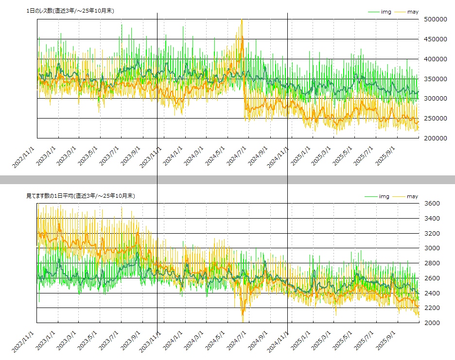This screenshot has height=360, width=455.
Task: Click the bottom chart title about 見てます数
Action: point(81,196)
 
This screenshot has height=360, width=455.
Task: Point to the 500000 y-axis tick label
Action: point(436,19)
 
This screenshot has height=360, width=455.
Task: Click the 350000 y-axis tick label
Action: point(436,79)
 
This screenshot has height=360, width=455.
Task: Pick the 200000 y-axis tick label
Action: point(436,138)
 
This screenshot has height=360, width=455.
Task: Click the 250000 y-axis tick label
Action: point(436,119)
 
